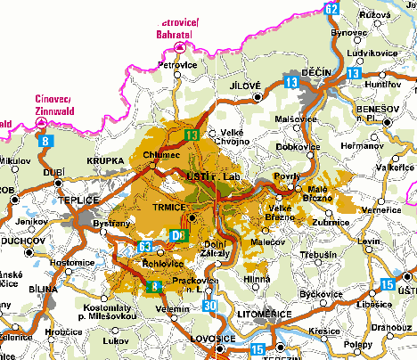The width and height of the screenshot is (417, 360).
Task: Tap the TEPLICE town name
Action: [x=78, y=200]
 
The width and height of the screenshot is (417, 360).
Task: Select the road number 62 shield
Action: [x=331, y=8]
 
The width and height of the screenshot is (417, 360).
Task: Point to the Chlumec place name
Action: [x=162, y=155]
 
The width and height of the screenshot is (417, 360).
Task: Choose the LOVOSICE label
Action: [x=212, y=340]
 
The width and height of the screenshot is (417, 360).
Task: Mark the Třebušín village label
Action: [x=318, y=255]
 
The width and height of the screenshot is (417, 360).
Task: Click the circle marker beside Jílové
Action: [x=258, y=95]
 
